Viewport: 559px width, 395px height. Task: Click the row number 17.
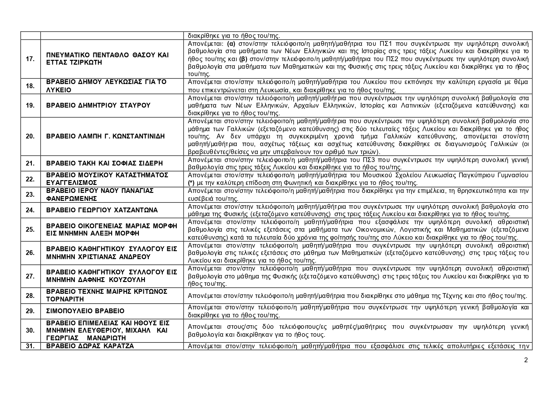tap(30, 59)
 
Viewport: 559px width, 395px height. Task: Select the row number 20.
tap(30, 136)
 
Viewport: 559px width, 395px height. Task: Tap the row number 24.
tap(30, 210)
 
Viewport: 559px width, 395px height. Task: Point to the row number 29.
tap(30, 311)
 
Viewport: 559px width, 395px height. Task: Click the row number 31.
tap(30, 346)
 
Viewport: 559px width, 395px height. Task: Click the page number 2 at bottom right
tap(526, 360)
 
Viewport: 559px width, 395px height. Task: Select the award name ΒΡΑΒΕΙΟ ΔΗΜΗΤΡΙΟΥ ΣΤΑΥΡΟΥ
tap(98, 105)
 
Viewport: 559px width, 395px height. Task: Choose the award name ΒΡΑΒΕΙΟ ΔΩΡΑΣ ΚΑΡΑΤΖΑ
tap(90, 346)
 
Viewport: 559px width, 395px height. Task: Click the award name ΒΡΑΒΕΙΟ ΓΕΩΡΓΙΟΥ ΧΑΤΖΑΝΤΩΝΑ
tap(102, 210)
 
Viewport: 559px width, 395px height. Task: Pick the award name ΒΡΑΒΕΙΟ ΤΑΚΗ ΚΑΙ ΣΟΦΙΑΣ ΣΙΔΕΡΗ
tap(104, 163)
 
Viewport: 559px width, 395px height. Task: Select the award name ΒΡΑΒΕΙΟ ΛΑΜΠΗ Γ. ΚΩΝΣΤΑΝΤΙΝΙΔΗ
tap(105, 136)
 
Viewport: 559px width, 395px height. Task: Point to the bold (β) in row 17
tap(243, 59)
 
